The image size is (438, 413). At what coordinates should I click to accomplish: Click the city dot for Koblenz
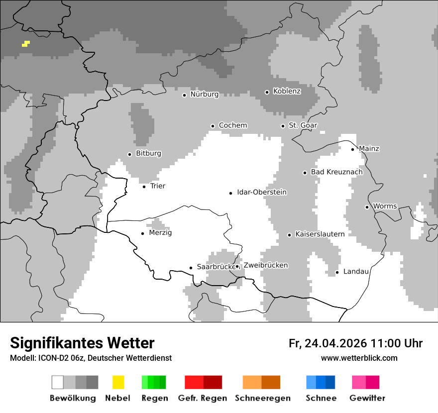point(267,92)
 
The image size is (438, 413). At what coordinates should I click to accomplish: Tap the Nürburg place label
point(204,95)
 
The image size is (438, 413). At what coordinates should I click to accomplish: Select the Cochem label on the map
point(232,125)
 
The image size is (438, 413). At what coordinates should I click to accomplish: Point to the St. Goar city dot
point(283,126)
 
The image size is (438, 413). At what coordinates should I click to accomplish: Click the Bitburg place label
point(148,154)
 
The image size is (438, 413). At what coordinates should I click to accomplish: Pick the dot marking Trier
point(144,187)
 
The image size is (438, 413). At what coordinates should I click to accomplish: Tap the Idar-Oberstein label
point(262,193)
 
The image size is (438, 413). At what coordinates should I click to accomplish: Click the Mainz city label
point(369,149)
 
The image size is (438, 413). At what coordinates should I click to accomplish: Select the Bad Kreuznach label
point(336,172)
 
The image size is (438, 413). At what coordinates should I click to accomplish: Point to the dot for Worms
point(367,207)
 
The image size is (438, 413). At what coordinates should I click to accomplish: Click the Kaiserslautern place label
point(320,234)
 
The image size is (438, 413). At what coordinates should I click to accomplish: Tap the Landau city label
point(356,272)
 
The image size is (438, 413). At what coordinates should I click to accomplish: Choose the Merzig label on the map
point(160,233)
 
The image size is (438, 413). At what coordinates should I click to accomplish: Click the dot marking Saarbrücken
point(191,268)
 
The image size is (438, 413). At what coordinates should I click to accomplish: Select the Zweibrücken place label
point(265,266)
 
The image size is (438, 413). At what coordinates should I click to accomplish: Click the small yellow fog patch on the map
point(25,44)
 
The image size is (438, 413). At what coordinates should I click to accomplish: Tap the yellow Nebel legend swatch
point(118,382)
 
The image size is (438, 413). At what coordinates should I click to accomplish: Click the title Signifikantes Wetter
point(82,343)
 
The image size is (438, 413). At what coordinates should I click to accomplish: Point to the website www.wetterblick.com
point(359,358)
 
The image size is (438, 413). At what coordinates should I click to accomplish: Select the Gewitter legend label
point(367,398)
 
